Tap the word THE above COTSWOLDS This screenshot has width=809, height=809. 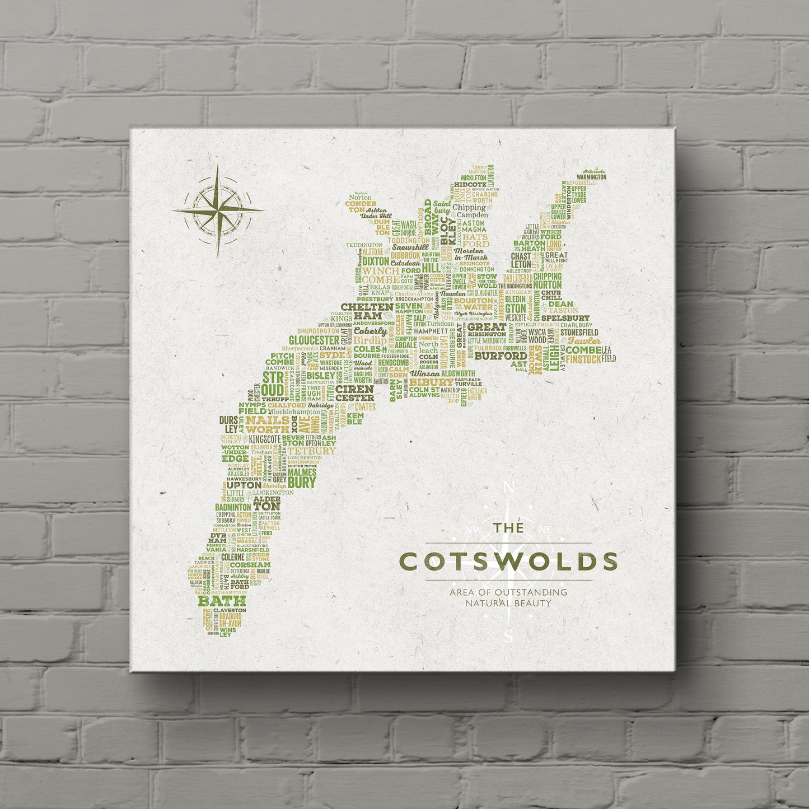click(508, 528)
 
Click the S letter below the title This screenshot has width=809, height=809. click(508, 635)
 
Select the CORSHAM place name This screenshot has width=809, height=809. click(252, 565)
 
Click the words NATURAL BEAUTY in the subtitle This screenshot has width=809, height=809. click(508, 603)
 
